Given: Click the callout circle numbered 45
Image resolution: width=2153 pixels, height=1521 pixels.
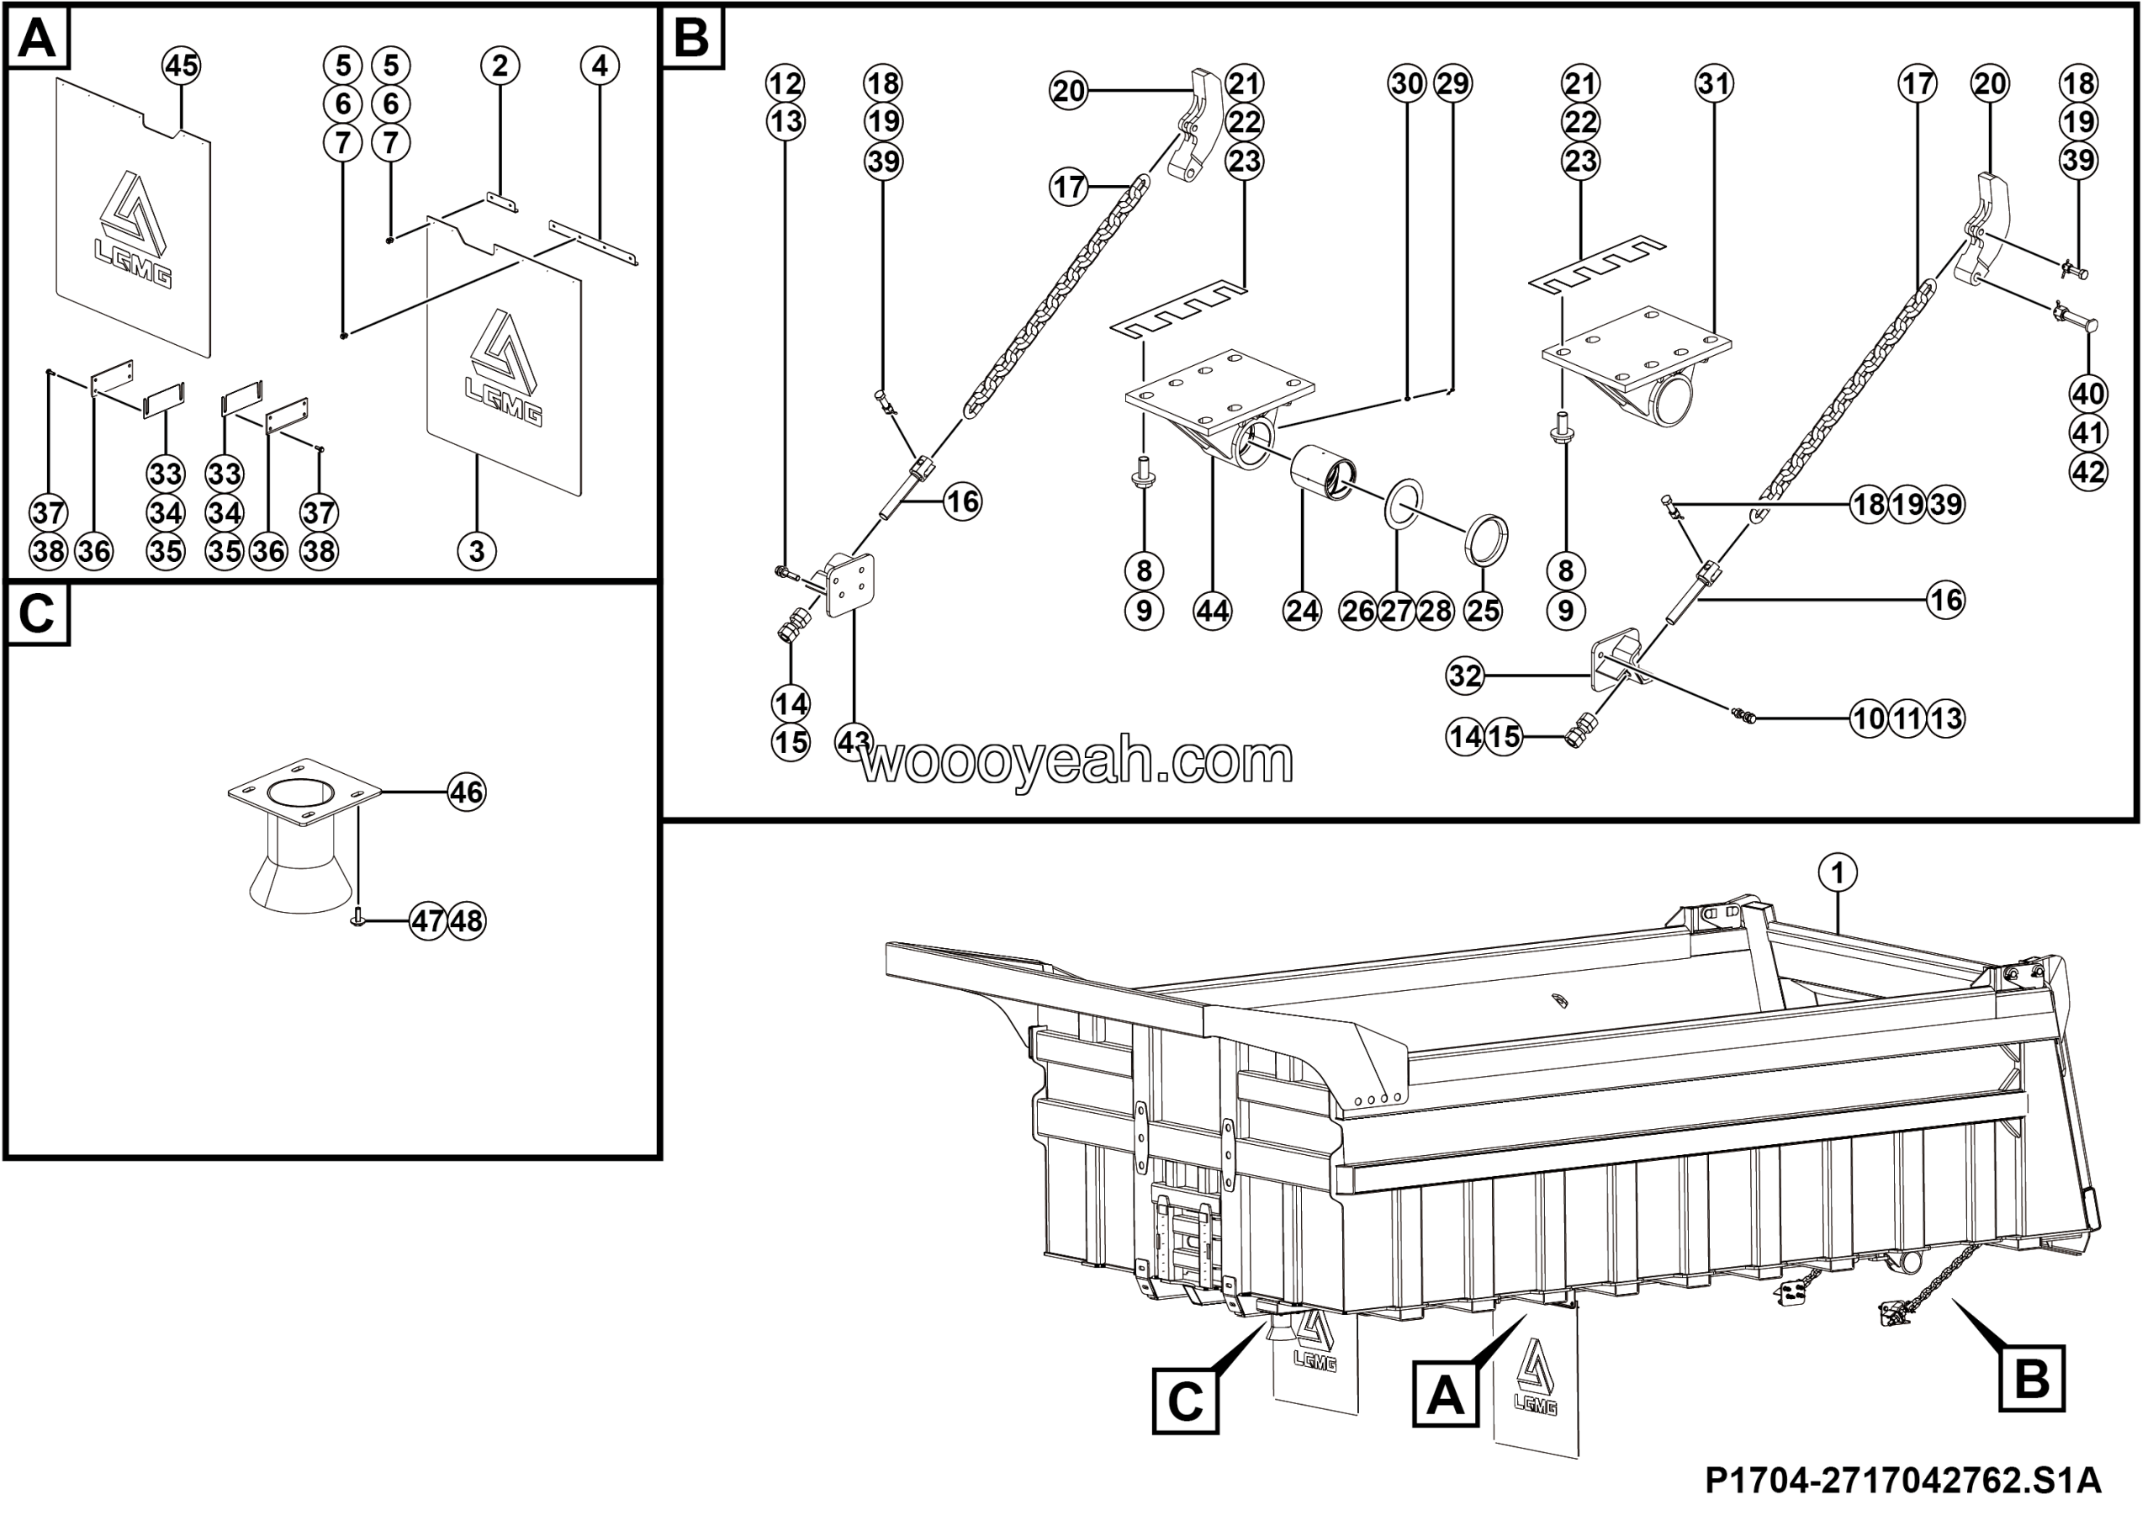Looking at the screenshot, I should (181, 66).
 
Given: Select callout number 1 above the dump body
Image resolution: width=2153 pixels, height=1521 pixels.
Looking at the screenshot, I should (1837, 873).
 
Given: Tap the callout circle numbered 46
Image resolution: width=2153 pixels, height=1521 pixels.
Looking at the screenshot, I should (466, 793).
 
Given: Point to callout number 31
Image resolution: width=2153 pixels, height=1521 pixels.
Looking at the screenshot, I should (1714, 83).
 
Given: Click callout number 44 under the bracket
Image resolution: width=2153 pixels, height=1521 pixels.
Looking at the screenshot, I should (1213, 612).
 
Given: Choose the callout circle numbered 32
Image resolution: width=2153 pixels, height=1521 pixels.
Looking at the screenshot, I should (1465, 676).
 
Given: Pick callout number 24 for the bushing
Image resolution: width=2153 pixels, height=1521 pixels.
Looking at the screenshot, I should (1302, 612).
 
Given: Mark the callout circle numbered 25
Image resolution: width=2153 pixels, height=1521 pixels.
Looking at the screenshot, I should (1483, 612).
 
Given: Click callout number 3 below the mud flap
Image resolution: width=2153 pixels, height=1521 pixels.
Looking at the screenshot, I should (476, 551).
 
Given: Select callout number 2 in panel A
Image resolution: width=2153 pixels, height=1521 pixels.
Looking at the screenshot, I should (500, 66).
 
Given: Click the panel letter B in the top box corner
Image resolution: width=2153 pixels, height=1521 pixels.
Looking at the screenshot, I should (692, 40).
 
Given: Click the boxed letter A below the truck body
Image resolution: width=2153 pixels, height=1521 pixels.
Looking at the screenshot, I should (1445, 1396).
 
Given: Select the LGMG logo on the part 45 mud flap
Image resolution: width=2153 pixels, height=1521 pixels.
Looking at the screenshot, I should (134, 230).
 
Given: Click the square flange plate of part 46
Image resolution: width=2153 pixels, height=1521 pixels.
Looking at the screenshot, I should (305, 792).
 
